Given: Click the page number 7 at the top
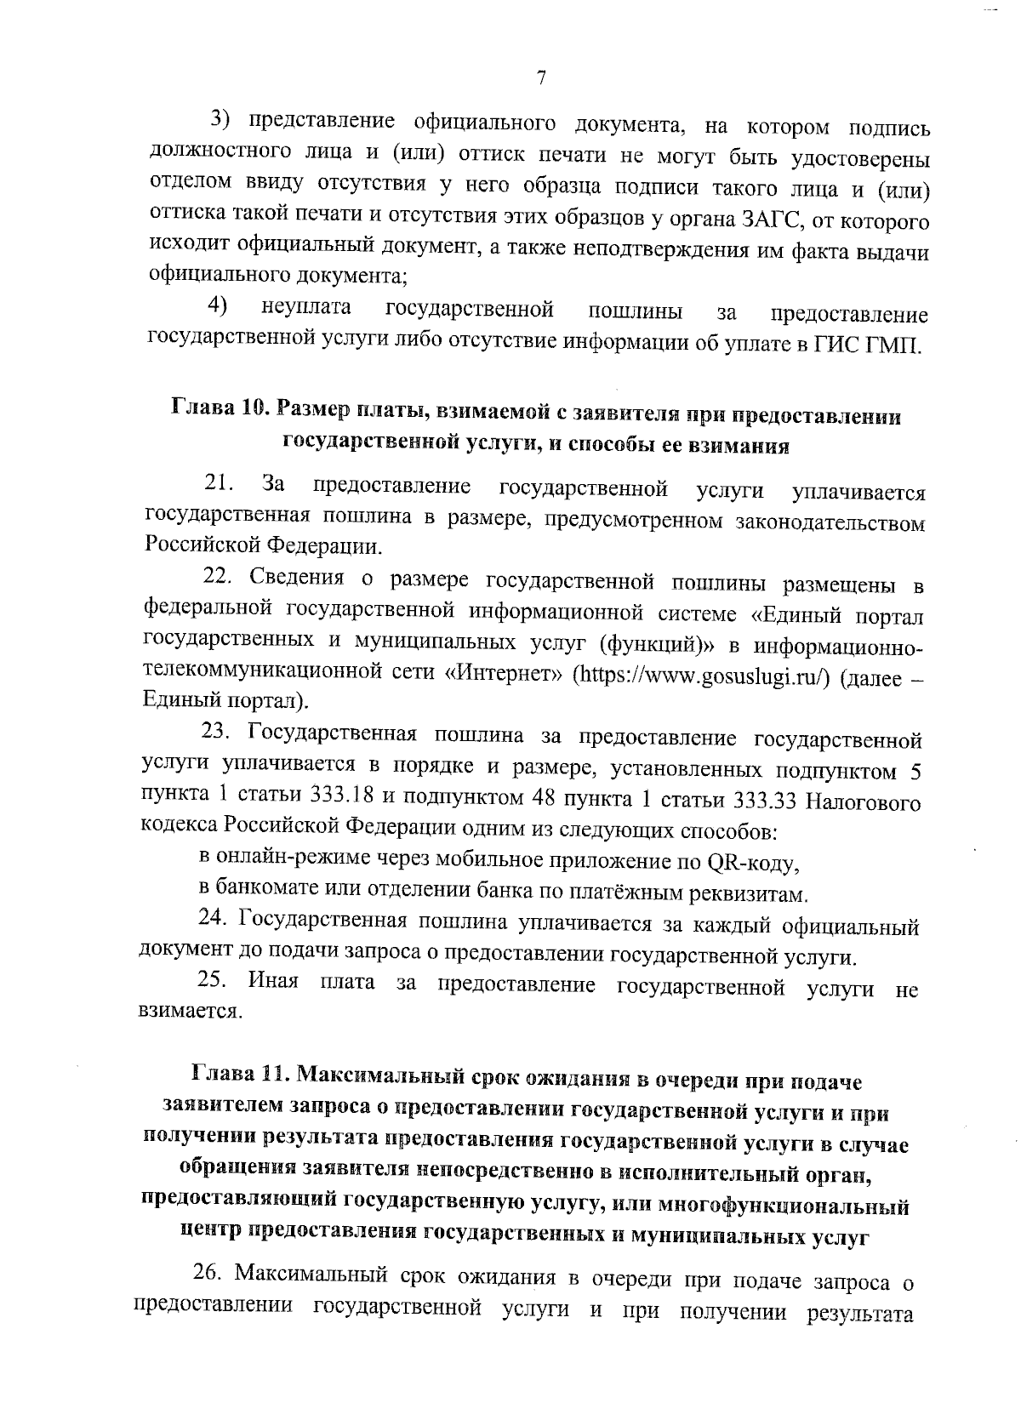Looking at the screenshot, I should click(x=541, y=78).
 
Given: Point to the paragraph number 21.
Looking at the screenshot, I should click(x=220, y=486).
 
